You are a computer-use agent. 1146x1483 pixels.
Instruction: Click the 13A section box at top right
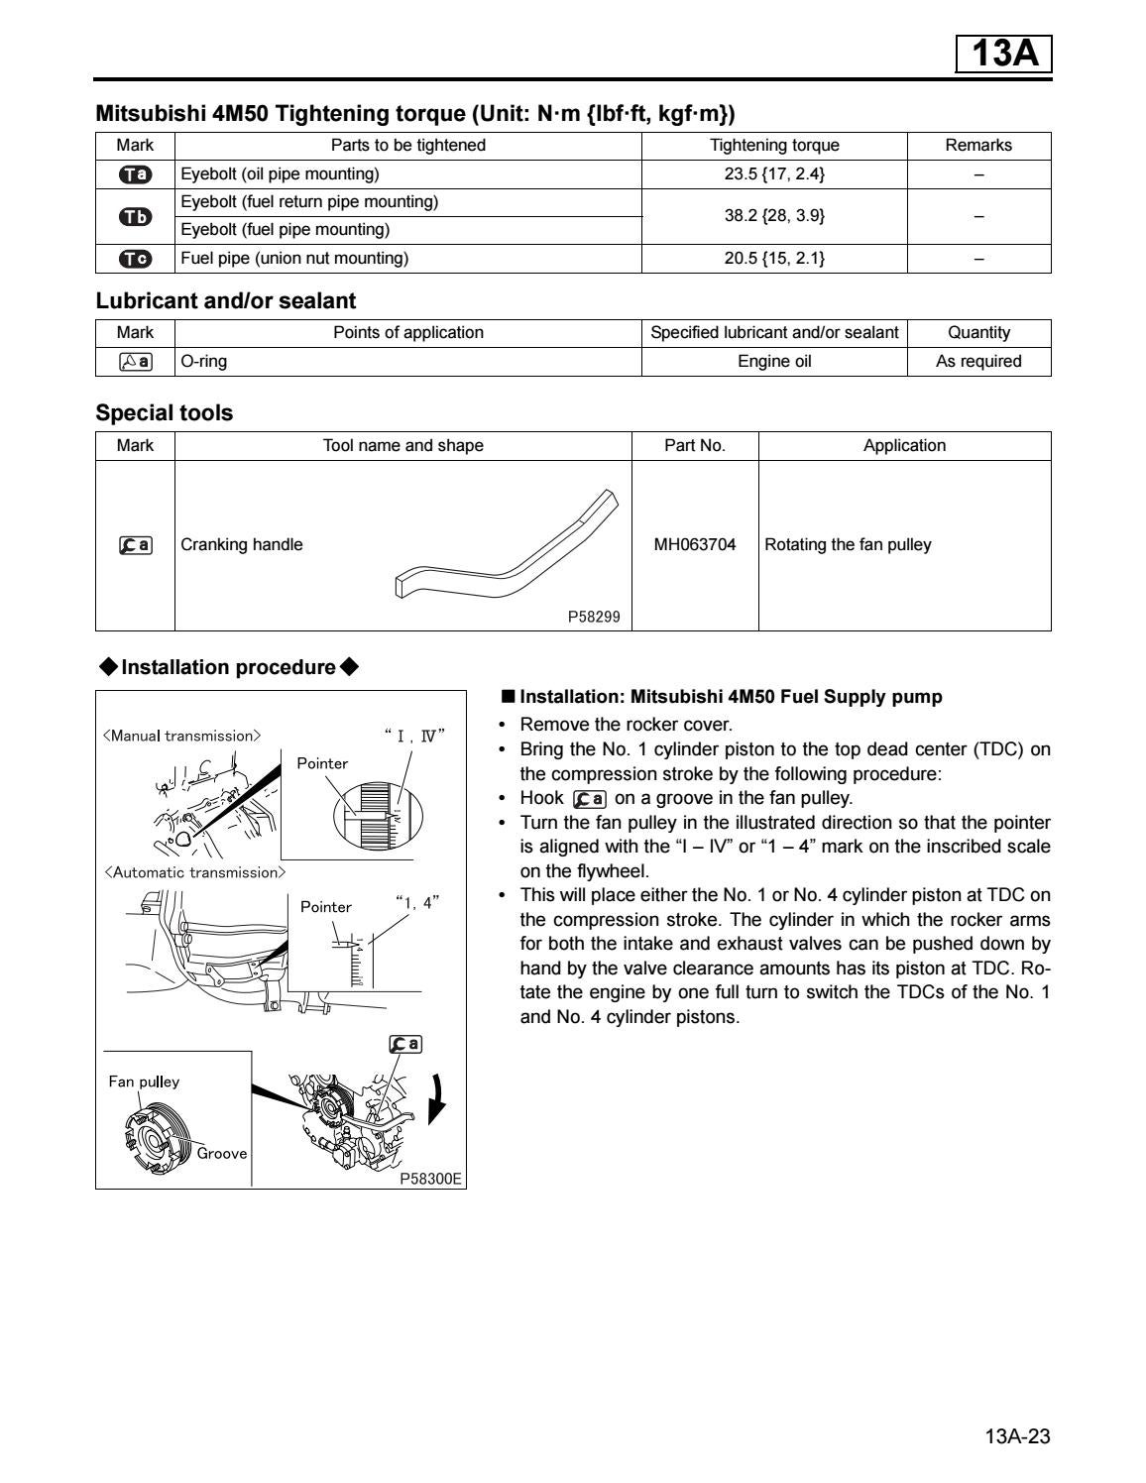tap(1003, 54)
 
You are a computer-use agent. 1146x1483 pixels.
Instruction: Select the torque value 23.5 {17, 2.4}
tap(774, 174)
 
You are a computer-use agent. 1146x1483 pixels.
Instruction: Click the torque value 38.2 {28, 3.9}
tap(774, 216)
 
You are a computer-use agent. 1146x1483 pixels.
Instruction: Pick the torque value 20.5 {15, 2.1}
tap(774, 259)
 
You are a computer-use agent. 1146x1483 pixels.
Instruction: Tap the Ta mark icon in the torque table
tap(135, 174)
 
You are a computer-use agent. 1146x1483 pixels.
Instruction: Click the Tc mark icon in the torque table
tap(135, 259)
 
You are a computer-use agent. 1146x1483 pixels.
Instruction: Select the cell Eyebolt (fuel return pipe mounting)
tap(309, 202)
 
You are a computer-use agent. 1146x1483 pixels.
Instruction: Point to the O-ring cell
tap(204, 362)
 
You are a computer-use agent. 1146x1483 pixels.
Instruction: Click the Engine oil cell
tap(774, 362)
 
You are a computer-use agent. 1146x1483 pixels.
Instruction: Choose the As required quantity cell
tap(978, 362)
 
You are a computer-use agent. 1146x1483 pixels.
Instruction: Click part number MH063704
tap(695, 544)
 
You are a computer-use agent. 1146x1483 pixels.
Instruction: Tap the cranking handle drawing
tap(506, 545)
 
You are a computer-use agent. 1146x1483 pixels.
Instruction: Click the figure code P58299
tap(594, 617)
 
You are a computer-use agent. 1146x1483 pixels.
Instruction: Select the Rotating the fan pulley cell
tap(848, 544)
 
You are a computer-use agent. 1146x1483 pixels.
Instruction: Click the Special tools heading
tap(165, 413)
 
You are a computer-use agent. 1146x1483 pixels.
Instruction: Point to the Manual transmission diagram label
tap(182, 736)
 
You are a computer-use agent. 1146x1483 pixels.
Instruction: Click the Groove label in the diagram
tap(221, 1153)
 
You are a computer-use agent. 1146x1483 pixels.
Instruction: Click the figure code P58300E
tap(431, 1180)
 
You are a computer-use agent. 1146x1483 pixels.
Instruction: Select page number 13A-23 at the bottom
tap(1017, 1436)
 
